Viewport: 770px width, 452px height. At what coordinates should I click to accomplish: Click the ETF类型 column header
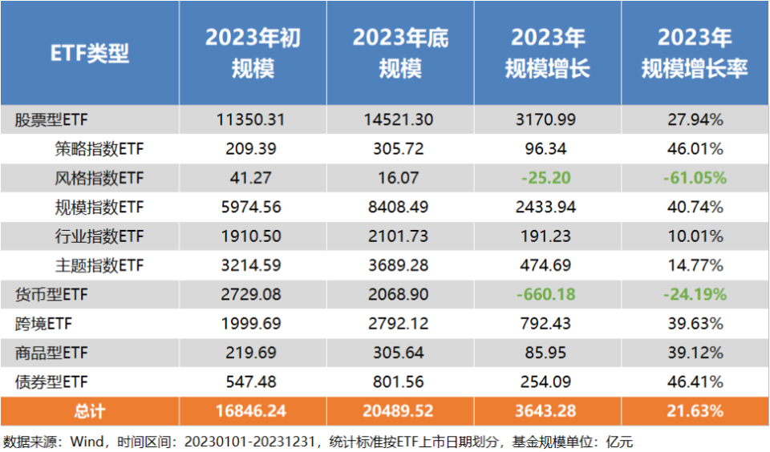(x=90, y=53)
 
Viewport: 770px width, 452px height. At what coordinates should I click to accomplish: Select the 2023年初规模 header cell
(x=253, y=53)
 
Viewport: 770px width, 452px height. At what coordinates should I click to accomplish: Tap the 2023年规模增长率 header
(x=695, y=53)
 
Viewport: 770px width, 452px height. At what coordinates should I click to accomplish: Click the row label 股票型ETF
(x=51, y=120)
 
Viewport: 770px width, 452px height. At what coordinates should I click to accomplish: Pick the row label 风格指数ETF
(x=99, y=178)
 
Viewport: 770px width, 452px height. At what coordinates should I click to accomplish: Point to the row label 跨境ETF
(x=43, y=324)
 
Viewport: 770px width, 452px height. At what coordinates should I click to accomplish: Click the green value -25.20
(x=548, y=178)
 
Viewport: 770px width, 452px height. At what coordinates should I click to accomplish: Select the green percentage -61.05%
(x=695, y=178)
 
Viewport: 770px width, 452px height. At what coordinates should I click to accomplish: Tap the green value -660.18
(x=548, y=294)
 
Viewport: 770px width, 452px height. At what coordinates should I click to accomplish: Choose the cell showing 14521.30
(x=400, y=120)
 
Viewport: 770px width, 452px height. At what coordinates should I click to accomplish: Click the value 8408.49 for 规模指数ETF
(x=400, y=207)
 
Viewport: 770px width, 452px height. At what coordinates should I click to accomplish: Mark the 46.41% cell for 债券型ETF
(x=695, y=381)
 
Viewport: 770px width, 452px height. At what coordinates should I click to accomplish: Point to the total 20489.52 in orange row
(x=400, y=411)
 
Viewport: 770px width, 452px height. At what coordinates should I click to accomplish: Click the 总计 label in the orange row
(x=90, y=411)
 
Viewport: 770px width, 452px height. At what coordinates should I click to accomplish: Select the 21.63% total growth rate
(x=695, y=411)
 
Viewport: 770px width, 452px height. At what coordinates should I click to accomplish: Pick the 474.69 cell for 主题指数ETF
(x=548, y=265)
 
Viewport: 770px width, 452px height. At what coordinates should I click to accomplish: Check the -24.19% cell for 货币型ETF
(x=695, y=294)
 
